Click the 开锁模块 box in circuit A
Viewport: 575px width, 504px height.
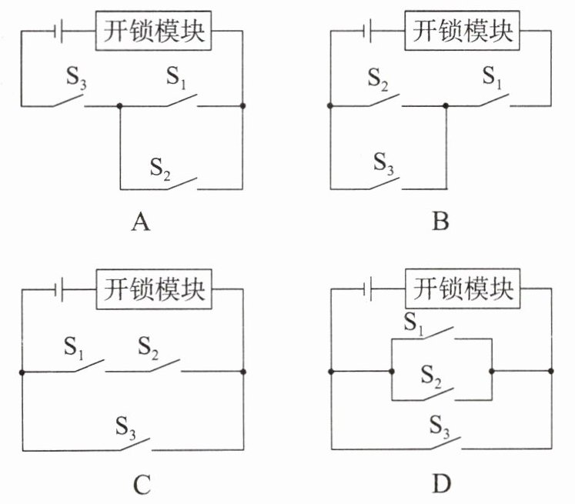pos(153,32)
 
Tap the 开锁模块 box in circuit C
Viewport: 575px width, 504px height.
pos(153,290)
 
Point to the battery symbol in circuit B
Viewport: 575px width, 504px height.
pos(369,32)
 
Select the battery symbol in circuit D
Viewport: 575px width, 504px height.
pos(369,290)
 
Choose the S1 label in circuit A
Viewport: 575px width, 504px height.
pos(178,77)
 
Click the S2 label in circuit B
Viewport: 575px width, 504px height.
pos(377,77)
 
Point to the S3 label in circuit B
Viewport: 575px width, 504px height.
pos(383,162)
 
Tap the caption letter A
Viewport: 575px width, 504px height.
pos(139,223)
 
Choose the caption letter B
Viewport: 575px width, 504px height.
pos(440,223)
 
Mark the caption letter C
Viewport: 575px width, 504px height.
pos(139,484)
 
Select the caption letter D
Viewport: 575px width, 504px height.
pos(441,484)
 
